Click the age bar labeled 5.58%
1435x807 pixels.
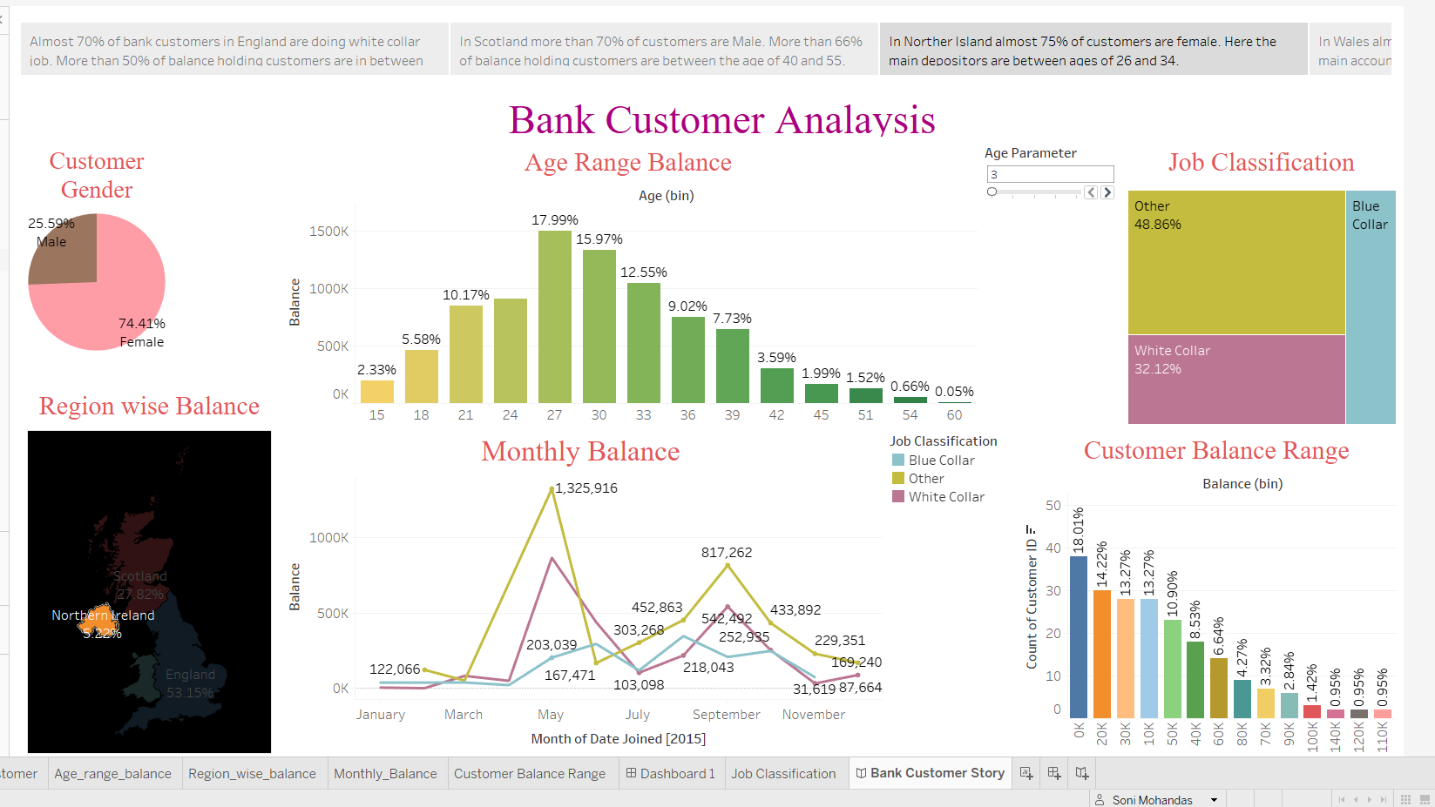(x=421, y=376)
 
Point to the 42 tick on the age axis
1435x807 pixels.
(x=776, y=415)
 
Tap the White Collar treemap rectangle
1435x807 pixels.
(x=1235, y=379)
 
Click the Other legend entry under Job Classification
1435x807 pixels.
(x=925, y=479)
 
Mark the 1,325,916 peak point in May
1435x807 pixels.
(x=552, y=490)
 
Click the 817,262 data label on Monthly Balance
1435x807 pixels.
(x=726, y=553)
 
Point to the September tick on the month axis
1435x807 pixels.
(x=726, y=715)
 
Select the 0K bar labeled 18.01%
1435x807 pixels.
(x=1078, y=636)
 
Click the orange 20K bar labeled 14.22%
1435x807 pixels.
(x=1101, y=653)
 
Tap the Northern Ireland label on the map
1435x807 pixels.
(x=103, y=615)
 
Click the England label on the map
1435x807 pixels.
(x=190, y=675)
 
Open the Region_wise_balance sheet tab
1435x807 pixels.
(x=252, y=774)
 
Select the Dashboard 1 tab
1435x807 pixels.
(x=670, y=774)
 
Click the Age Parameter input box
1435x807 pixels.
(x=1049, y=174)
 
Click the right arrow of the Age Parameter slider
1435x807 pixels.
(x=1107, y=192)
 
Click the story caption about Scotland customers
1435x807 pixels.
(x=663, y=50)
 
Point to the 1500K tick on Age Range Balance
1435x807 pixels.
(x=328, y=232)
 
